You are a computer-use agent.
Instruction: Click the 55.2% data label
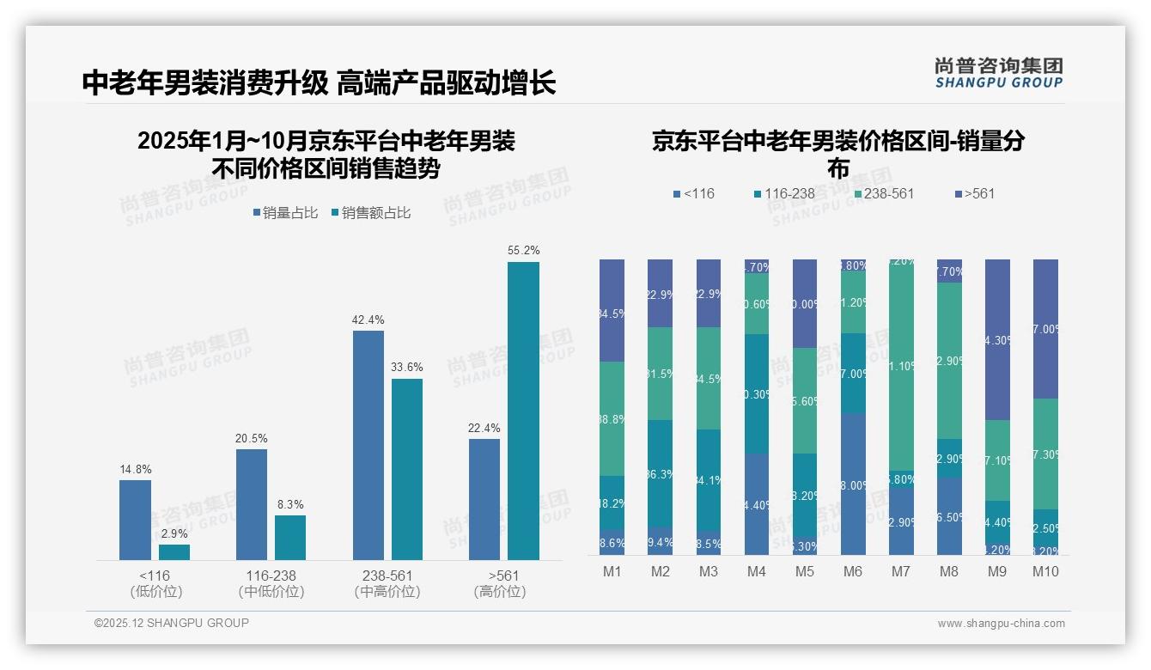(523, 251)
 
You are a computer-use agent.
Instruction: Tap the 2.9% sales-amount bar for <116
(174, 551)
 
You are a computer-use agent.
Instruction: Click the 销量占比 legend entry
(285, 213)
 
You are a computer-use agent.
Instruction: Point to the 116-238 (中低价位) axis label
(271, 583)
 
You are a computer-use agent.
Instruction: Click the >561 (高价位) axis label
(500, 583)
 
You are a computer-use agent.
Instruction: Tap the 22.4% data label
(484, 428)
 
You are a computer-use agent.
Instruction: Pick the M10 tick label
(1045, 571)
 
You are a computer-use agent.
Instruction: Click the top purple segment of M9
(997, 339)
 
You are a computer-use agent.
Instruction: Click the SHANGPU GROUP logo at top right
(998, 72)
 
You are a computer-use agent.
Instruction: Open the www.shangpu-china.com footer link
(1001, 624)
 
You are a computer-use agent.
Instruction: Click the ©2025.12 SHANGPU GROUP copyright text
(172, 623)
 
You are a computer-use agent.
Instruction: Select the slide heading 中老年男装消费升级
(204, 83)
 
